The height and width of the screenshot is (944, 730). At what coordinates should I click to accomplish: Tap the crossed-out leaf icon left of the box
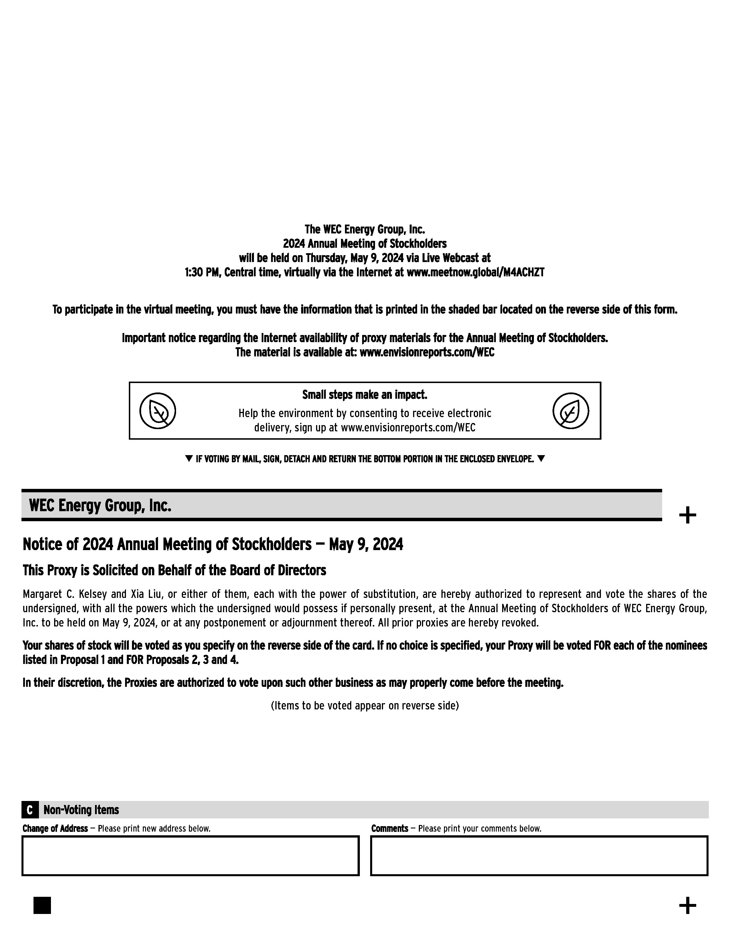point(157,410)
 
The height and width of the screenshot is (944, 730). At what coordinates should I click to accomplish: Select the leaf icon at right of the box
point(571,410)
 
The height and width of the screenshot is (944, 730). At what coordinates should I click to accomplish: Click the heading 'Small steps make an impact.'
point(364,395)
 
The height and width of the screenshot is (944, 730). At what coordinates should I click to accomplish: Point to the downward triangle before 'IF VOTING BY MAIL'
point(189,459)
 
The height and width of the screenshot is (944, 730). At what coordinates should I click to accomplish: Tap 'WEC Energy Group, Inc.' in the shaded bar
point(100,505)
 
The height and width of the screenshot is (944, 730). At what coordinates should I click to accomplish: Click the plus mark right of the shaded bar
point(687,515)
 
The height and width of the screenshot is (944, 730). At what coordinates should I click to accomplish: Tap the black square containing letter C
point(29,810)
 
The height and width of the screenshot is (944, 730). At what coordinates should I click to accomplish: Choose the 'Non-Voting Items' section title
point(81,810)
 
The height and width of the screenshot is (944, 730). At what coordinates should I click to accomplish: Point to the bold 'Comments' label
point(390,828)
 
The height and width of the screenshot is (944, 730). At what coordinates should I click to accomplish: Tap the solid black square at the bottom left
point(42,905)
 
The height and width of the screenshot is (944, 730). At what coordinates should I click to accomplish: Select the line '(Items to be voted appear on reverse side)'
point(364,705)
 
